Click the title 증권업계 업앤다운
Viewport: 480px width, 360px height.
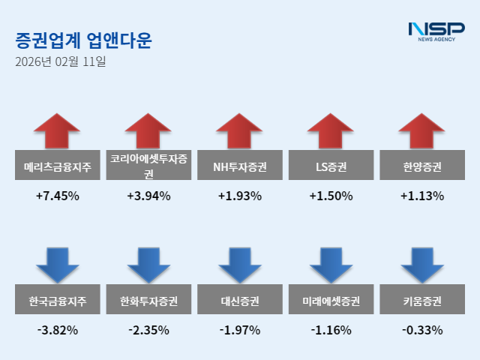(x=82, y=40)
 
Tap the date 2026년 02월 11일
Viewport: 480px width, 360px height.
(x=60, y=62)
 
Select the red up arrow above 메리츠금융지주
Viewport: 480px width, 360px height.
(x=57, y=132)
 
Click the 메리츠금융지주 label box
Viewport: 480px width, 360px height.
(x=57, y=166)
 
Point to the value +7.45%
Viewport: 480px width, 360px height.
(x=57, y=196)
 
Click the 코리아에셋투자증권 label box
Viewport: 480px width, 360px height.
(x=148, y=166)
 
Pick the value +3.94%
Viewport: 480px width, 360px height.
(x=148, y=196)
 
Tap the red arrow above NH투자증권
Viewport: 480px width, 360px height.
(x=240, y=132)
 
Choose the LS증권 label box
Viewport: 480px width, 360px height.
(x=331, y=166)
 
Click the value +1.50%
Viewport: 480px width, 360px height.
(x=331, y=196)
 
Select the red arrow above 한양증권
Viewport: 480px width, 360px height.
(x=422, y=132)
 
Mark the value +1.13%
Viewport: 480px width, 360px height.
(x=422, y=196)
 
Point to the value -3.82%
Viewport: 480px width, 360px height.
(x=57, y=329)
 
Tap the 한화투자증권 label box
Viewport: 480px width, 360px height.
(x=148, y=301)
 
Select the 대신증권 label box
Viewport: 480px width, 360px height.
(x=240, y=301)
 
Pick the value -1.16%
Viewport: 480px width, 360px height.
(x=331, y=329)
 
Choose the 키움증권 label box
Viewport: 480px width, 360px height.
(x=422, y=301)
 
